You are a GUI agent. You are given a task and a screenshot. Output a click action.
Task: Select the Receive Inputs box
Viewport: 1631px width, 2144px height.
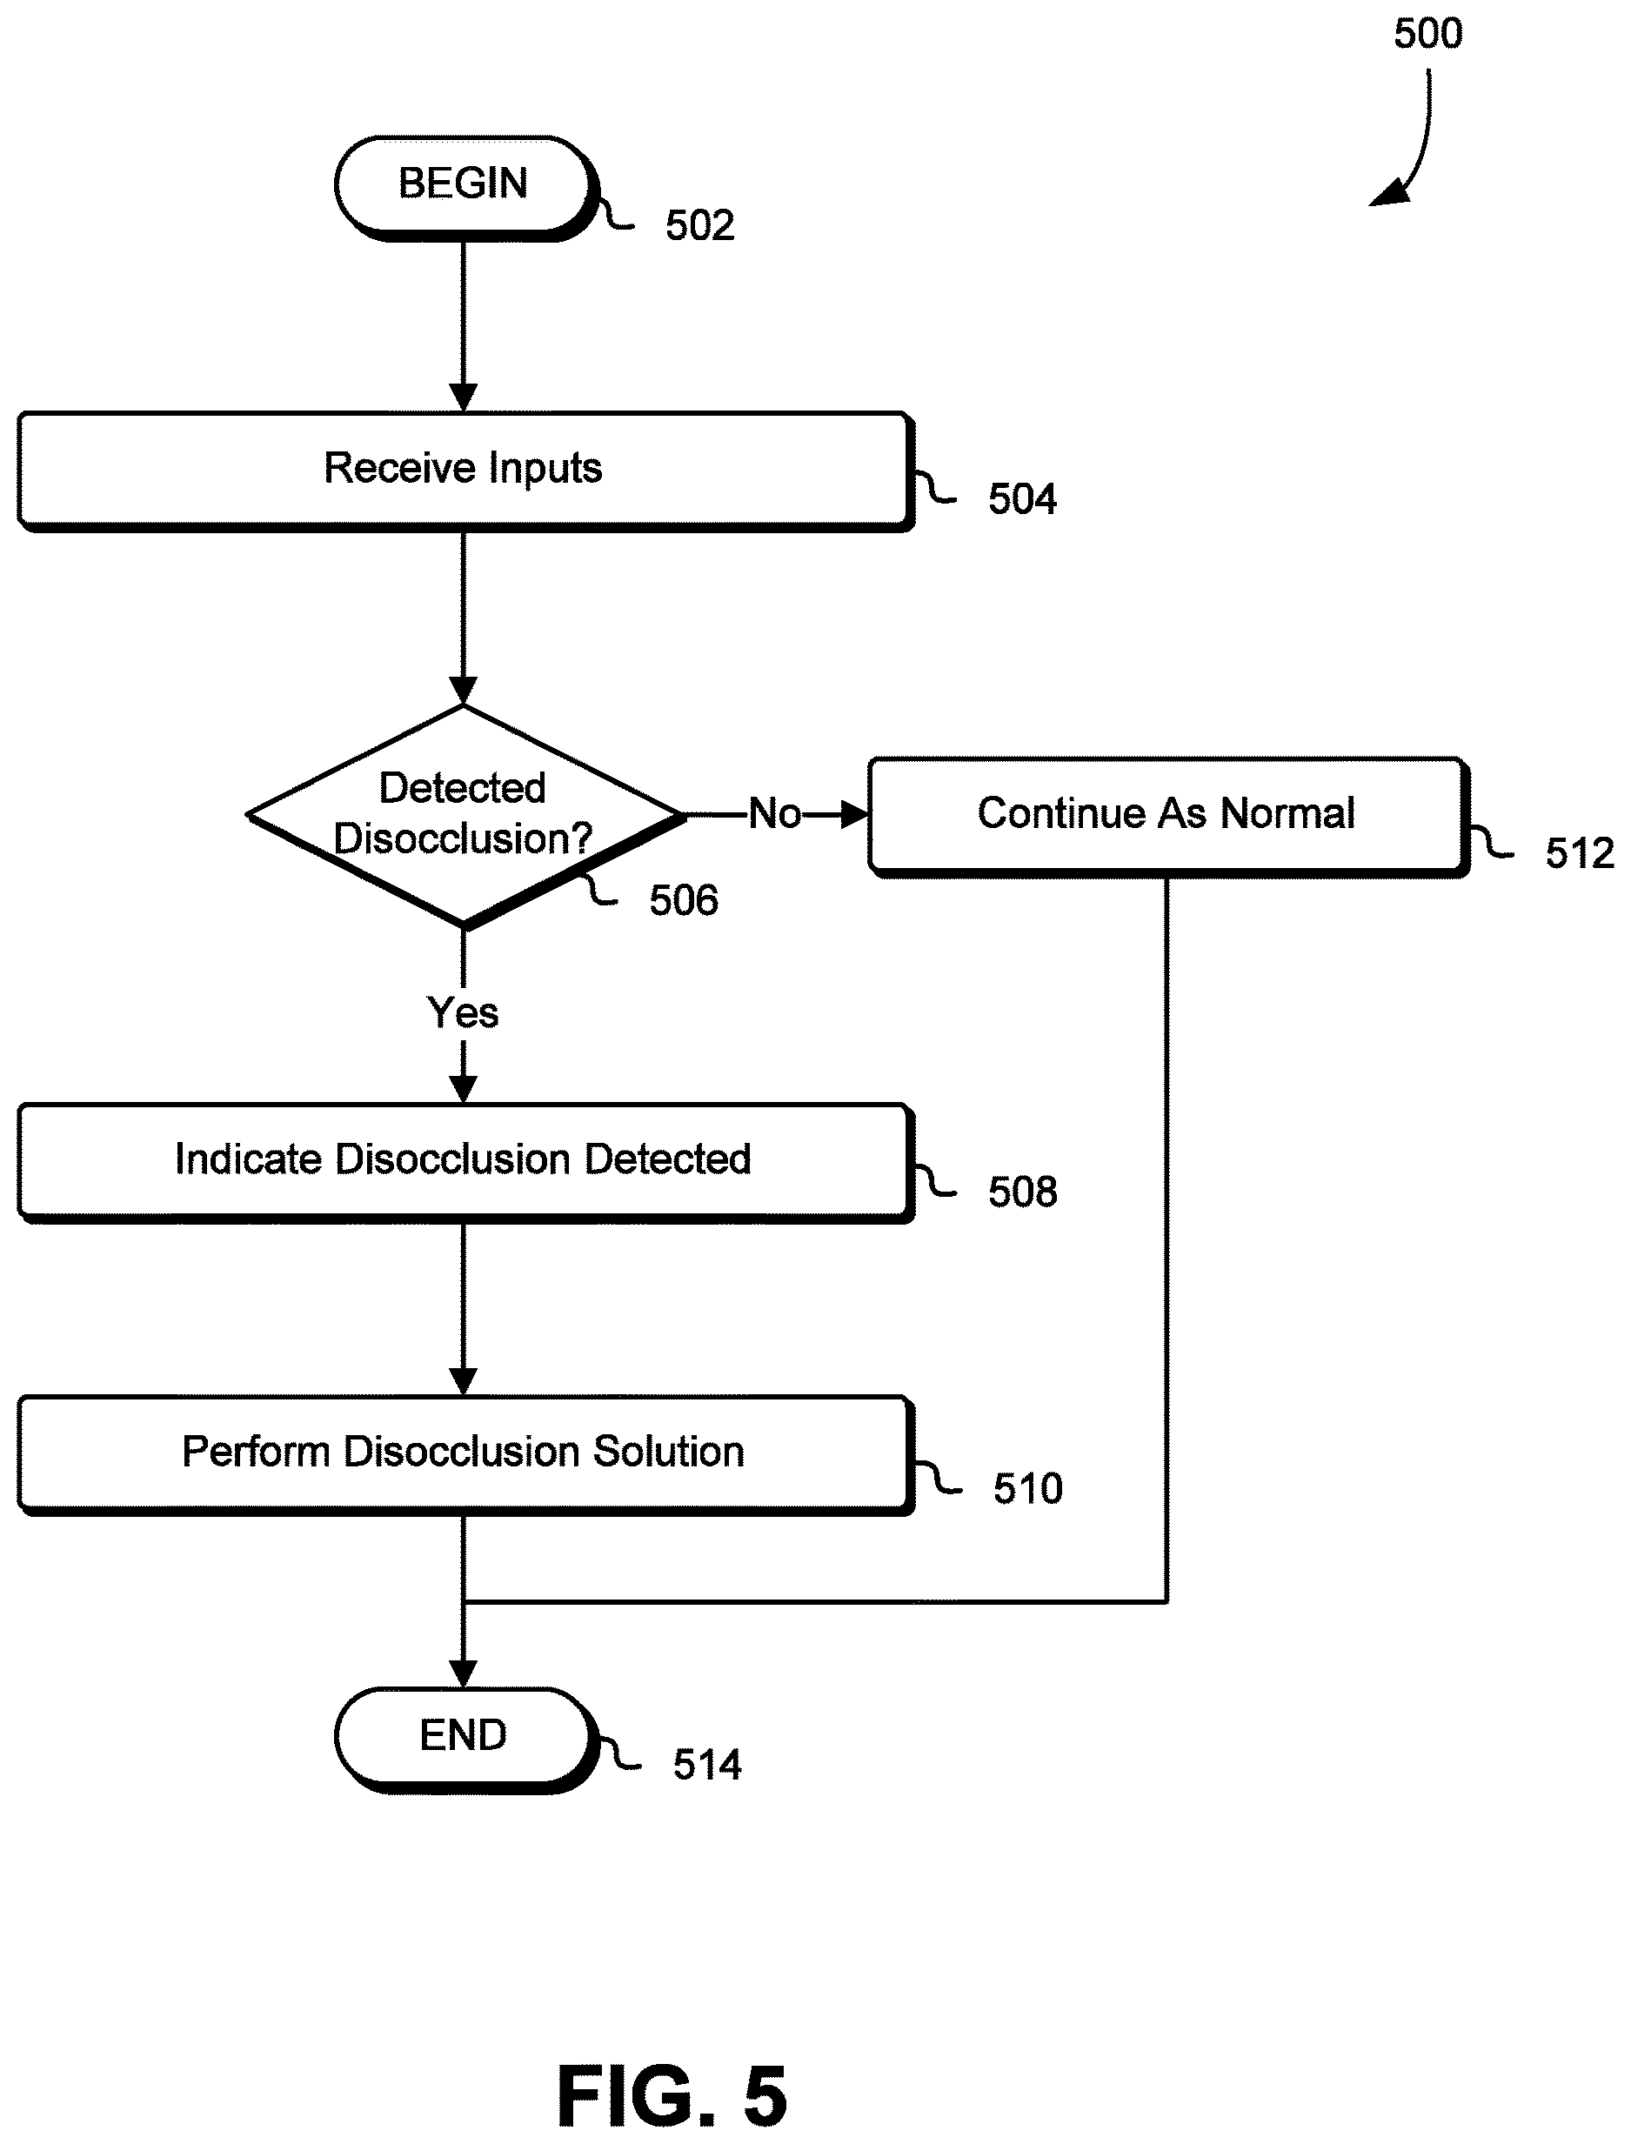click(x=465, y=471)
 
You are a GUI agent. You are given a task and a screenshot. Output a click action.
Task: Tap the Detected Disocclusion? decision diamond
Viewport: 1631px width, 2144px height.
click(x=465, y=815)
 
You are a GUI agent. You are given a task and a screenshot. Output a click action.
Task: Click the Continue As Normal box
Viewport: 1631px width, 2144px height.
click(x=1168, y=818)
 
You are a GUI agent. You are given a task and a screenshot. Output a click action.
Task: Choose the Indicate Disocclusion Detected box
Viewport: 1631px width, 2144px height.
click(x=465, y=1162)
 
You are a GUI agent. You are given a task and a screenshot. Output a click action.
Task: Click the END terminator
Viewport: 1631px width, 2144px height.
click(x=465, y=1740)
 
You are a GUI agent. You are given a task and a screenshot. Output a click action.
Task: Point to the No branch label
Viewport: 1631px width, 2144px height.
click(x=775, y=813)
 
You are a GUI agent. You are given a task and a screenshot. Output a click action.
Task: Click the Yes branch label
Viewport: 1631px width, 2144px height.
click(x=463, y=1012)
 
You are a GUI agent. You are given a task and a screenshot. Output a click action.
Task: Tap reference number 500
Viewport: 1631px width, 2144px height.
click(x=1427, y=34)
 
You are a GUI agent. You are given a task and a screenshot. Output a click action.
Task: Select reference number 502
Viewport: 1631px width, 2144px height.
click(x=699, y=225)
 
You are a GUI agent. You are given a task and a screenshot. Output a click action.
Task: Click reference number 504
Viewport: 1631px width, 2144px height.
click(x=1022, y=499)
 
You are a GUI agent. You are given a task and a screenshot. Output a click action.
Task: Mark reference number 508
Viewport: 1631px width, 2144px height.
click(x=1022, y=1191)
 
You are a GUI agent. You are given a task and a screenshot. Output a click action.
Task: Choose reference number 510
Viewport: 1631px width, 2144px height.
click(x=1027, y=1488)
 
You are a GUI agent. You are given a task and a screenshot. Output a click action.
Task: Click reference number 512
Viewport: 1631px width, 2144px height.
click(x=1580, y=853)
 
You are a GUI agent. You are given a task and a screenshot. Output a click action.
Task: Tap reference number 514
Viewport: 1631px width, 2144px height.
click(x=706, y=1765)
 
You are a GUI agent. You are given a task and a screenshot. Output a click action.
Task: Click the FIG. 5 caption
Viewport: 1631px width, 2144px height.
click(x=672, y=2096)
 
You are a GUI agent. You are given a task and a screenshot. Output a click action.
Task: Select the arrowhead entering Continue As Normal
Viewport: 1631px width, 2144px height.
click(x=854, y=814)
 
